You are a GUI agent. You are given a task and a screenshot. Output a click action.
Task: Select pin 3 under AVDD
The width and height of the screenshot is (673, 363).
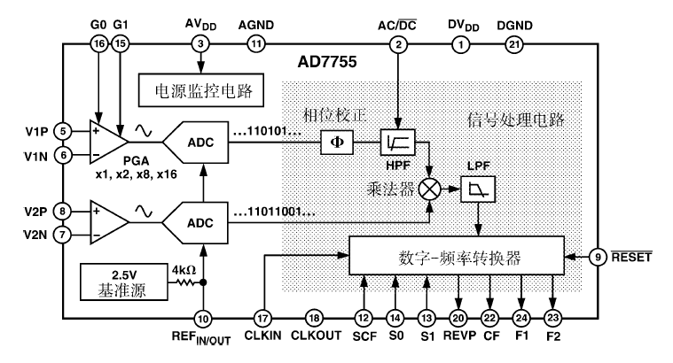202,43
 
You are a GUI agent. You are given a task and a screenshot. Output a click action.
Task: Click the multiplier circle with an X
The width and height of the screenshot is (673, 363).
432,188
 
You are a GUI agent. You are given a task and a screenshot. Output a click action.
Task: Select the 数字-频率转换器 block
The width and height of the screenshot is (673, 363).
457,257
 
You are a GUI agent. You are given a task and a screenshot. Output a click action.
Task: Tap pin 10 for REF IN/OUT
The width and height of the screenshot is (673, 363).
203,319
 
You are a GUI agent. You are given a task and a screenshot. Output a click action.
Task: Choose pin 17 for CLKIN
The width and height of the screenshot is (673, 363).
262,319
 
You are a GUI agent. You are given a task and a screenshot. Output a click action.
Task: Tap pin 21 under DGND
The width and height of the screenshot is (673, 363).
514,43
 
